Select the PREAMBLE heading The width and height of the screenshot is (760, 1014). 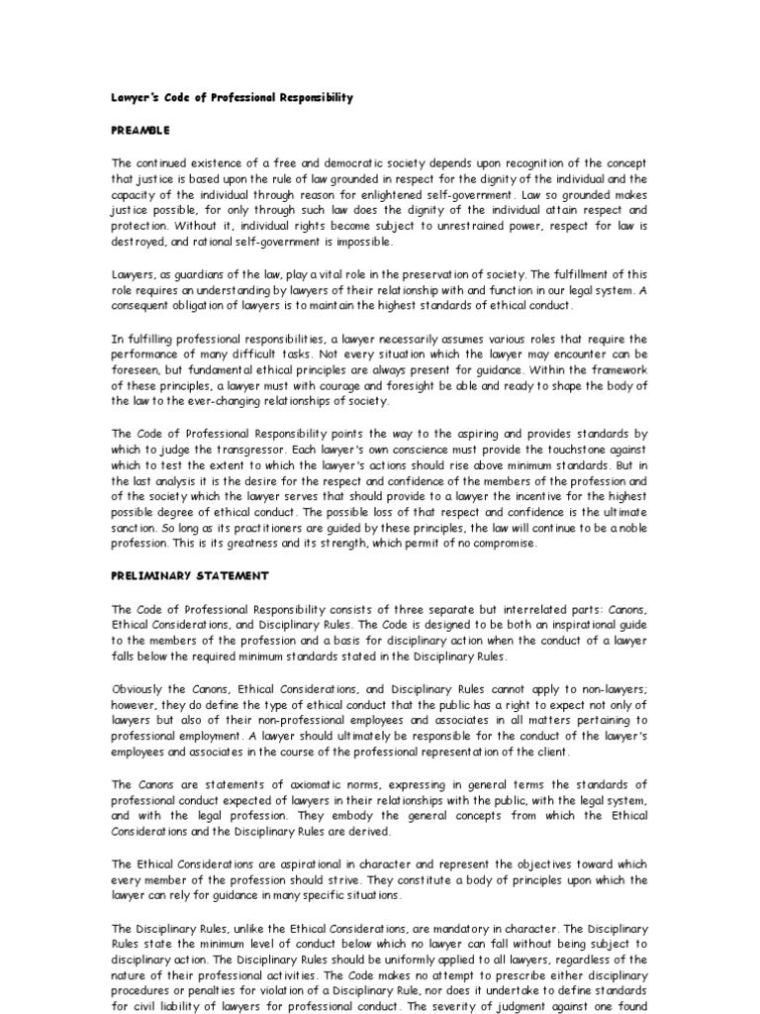click(x=140, y=130)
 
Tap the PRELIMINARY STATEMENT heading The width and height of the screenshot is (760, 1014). click(x=189, y=575)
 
